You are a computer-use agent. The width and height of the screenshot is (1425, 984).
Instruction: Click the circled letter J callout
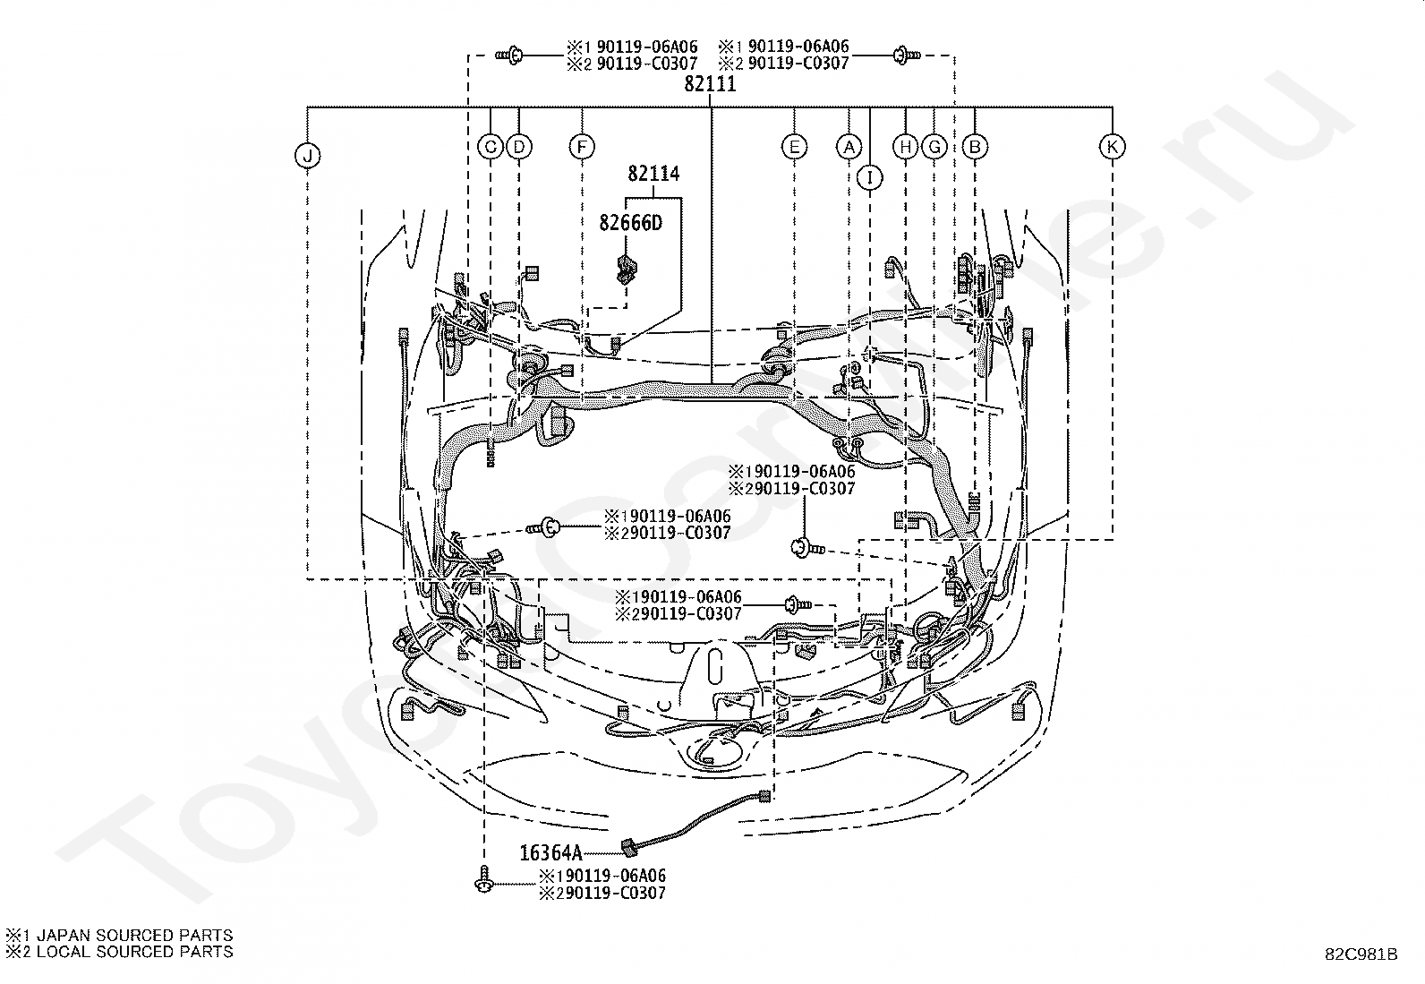[308, 155]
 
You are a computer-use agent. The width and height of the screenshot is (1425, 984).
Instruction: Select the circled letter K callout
[1112, 147]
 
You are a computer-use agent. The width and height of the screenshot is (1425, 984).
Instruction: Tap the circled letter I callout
[870, 177]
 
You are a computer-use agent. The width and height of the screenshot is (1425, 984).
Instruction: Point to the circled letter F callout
[582, 147]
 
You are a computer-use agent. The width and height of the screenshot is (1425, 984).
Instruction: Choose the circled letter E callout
[794, 147]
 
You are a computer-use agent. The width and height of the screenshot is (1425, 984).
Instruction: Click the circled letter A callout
[849, 147]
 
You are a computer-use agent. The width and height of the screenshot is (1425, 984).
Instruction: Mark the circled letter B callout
[975, 147]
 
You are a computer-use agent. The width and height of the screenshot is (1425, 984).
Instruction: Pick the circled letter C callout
[491, 147]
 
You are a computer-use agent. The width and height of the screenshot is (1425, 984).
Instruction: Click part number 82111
[710, 84]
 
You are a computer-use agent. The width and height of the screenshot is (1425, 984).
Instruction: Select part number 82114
[654, 173]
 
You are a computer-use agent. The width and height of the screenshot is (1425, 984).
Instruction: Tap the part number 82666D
[630, 223]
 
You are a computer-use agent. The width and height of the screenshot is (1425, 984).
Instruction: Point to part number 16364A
[550, 852]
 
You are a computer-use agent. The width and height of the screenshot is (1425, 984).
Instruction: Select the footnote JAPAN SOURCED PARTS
[135, 935]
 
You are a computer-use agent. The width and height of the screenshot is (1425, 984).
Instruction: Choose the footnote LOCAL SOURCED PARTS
[135, 952]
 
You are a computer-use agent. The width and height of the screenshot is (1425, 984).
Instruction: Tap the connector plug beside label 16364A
[630, 846]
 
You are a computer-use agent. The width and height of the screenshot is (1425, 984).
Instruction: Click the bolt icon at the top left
[510, 56]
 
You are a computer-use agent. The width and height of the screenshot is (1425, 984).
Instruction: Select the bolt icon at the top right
[907, 56]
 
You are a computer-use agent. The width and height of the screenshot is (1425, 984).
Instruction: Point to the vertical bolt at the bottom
[485, 878]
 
